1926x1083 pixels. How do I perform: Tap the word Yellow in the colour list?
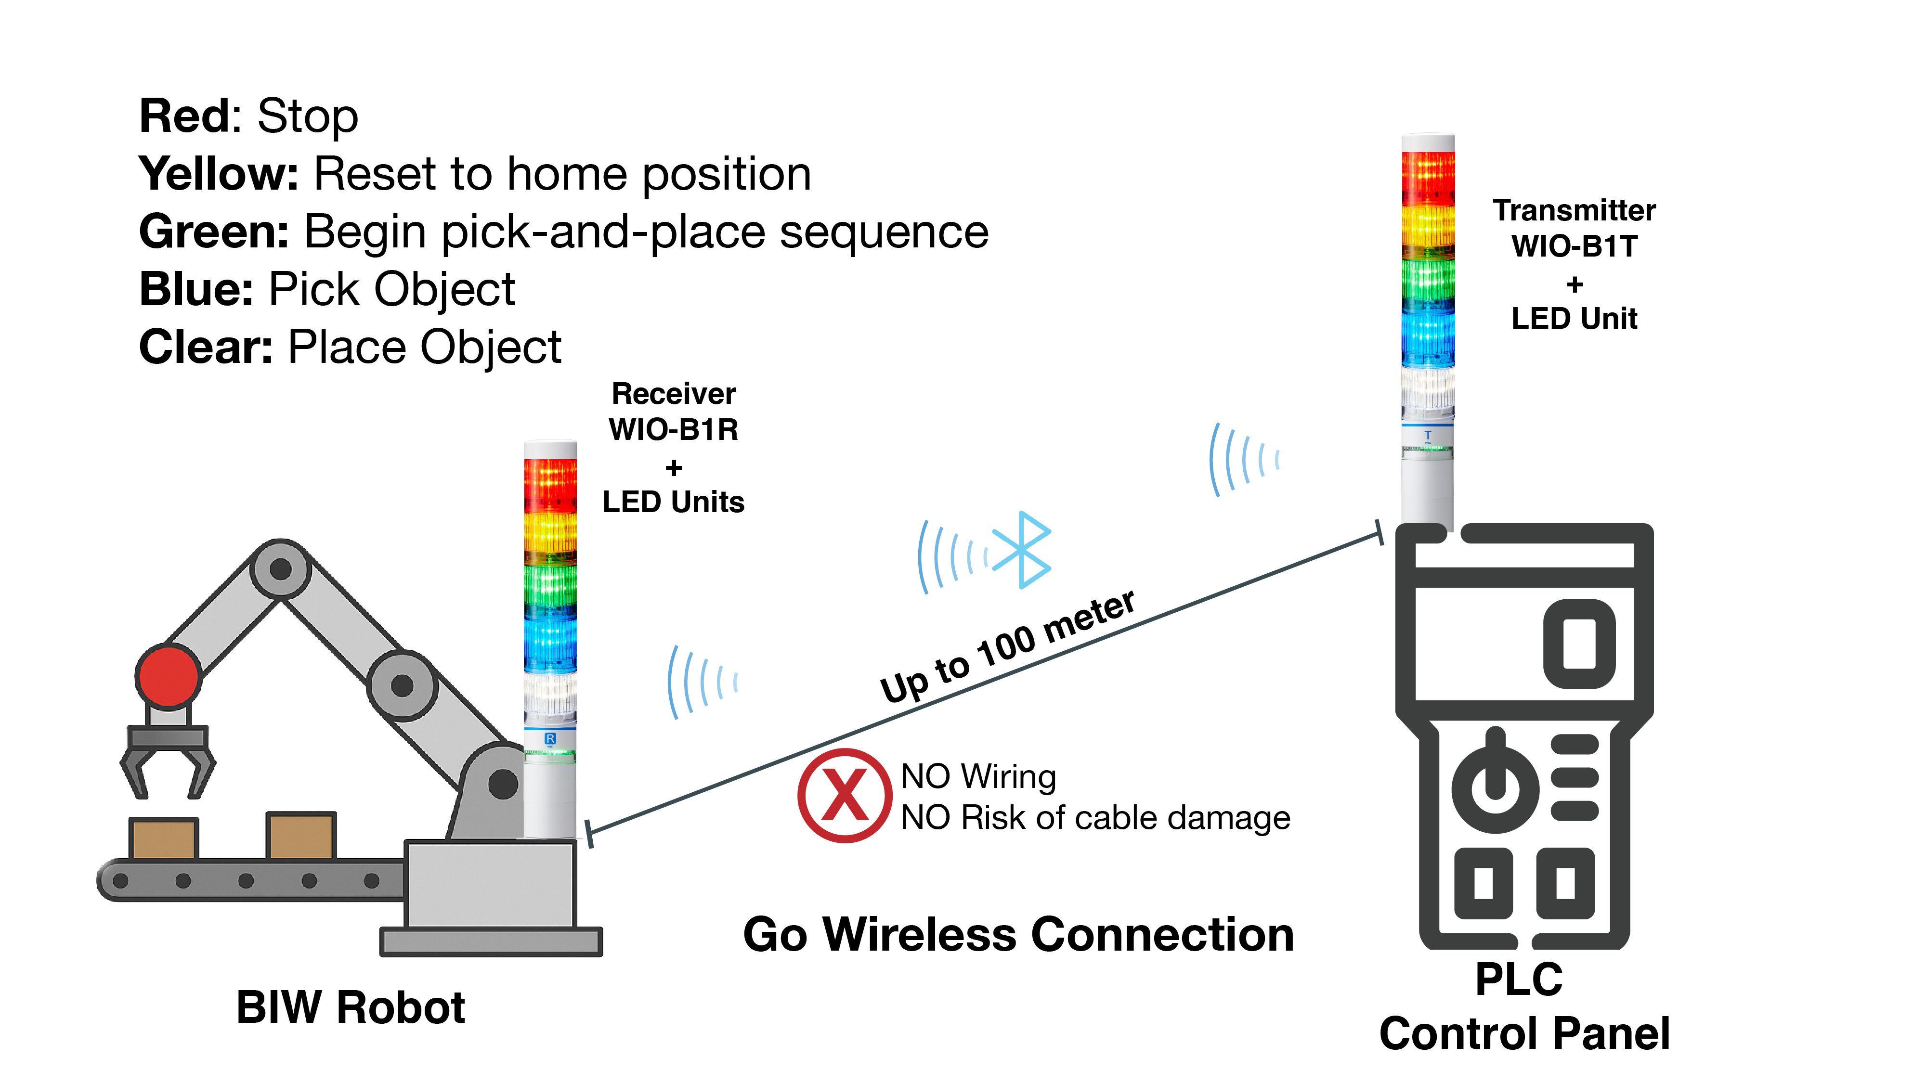point(218,174)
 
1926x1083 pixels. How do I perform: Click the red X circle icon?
point(844,795)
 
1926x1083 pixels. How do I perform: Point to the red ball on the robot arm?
point(168,676)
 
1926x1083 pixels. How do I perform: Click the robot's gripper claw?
point(168,762)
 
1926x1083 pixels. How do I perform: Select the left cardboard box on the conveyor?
point(163,838)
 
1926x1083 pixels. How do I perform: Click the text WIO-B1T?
point(1574,246)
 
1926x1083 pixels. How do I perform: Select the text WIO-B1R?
point(673,430)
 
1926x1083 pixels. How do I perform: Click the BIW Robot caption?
point(350,1007)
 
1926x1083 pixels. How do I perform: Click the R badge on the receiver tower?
point(550,738)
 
